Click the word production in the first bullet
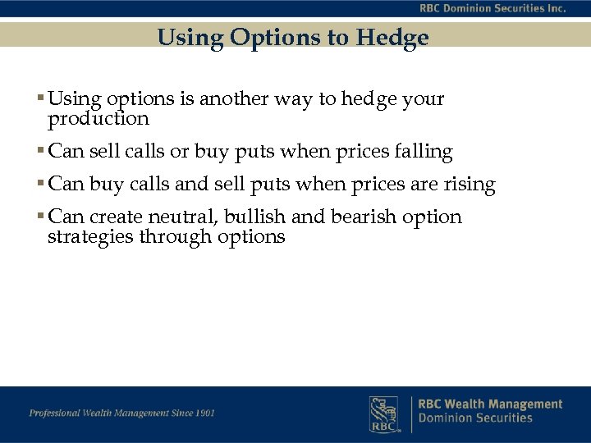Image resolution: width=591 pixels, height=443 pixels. click(x=98, y=119)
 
